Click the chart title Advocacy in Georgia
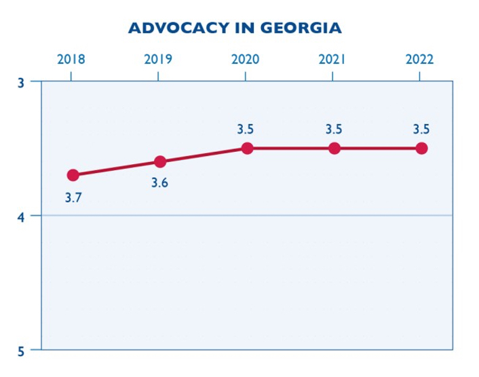235,28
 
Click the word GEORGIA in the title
303,28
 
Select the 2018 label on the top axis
71,59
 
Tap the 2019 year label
158,59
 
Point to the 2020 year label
245,59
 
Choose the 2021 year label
332,59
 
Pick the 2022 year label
419,59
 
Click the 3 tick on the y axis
21,81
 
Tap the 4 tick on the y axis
21,216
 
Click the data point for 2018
73,175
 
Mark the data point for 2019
160,161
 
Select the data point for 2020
247,148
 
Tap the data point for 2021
334,148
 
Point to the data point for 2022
421,148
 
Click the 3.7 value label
73,198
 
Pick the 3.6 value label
160,183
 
